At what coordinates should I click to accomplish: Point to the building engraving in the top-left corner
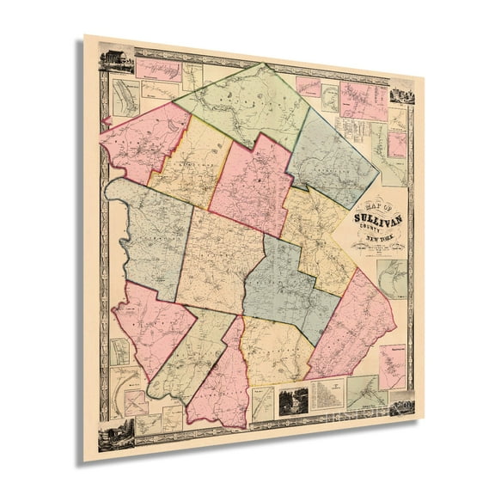[x=116, y=60]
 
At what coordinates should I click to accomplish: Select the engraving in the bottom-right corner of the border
[x=402, y=402]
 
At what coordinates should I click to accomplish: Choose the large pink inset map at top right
[x=363, y=101]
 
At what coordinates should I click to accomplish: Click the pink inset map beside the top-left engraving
[x=158, y=69]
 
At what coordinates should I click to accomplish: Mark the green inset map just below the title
[x=393, y=279]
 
